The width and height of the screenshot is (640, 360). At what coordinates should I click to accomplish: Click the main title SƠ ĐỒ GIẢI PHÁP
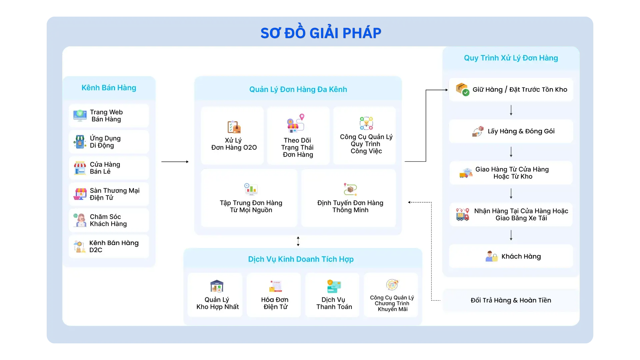[321, 33]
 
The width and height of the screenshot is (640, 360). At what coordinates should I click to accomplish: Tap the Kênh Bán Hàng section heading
[109, 88]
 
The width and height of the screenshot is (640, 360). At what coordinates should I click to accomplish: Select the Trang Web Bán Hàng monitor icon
[80, 116]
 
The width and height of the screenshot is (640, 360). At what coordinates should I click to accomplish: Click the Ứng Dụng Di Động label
[105, 142]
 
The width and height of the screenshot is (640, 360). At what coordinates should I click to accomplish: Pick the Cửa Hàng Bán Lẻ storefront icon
[80, 168]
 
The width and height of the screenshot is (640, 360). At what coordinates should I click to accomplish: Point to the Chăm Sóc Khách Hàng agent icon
[80, 220]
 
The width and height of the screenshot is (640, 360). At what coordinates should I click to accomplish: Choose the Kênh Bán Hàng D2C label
[114, 246]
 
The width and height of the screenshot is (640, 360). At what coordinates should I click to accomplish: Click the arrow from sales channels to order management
[175, 162]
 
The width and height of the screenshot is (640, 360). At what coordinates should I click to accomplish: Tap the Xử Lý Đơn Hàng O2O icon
[234, 127]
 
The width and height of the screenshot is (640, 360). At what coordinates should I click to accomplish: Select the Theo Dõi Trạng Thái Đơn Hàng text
[297, 147]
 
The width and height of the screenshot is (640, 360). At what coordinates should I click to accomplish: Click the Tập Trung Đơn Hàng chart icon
[251, 189]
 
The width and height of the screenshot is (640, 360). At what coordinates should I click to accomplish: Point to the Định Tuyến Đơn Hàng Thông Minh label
[350, 206]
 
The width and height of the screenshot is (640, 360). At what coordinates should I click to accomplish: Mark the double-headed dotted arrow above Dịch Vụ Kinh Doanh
[298, 241]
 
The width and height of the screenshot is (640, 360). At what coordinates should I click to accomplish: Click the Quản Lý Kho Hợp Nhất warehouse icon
[217, 286]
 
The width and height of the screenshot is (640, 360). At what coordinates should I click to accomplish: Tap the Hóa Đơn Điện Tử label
[275, 303]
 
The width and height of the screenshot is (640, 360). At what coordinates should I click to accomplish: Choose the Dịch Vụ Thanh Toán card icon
[334, 286]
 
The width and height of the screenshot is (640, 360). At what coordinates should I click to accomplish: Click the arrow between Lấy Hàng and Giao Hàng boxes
[511, 152]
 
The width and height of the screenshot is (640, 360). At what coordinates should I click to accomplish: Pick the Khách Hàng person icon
[491, 256]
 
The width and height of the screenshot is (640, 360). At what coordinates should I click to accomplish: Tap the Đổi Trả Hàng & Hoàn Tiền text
[511, 300]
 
